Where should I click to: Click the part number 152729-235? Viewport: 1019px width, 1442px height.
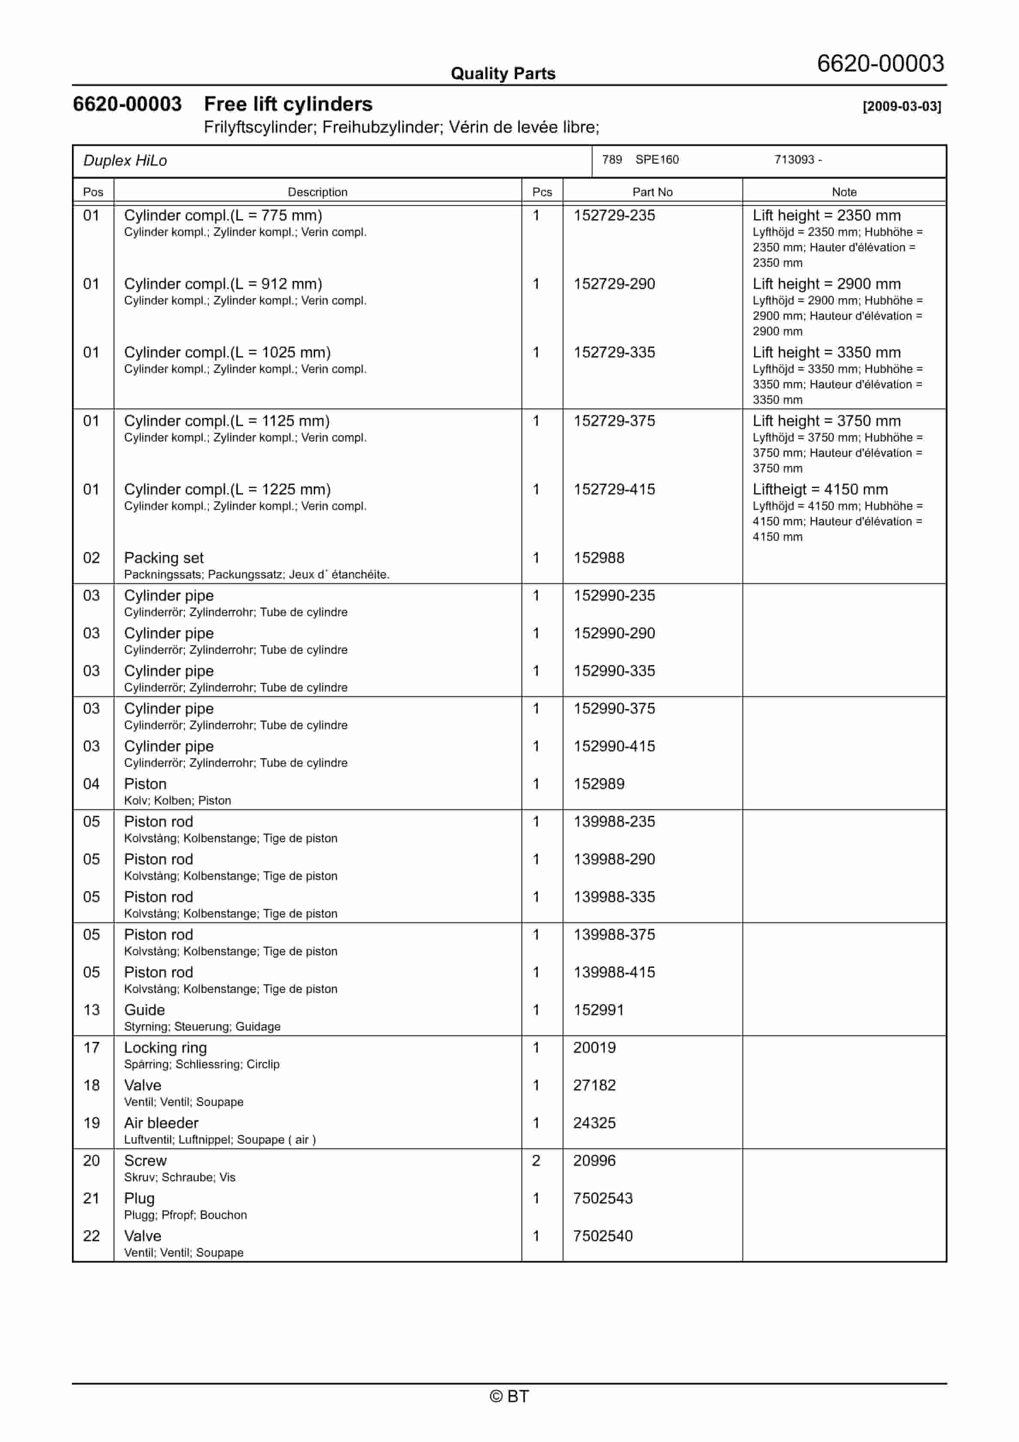click(614, 215)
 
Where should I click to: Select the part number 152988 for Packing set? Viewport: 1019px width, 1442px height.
click(599, 558)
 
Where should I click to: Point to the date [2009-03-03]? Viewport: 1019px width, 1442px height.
click(902, 106)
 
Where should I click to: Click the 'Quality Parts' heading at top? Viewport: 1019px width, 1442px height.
click(503, 74)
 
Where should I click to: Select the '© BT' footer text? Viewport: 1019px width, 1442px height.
click(509, 1396)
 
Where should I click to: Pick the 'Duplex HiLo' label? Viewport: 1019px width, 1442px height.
click(125, 161)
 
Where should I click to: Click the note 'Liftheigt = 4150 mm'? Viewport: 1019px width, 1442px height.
click(820, 489)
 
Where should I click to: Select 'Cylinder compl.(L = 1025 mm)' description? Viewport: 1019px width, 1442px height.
click(227, 352)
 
